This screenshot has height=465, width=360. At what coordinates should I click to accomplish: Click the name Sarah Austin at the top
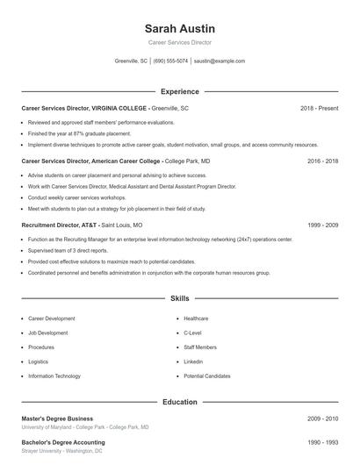(x=179, y=28)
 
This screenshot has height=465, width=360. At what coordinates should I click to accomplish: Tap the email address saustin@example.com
(x=220, y=61)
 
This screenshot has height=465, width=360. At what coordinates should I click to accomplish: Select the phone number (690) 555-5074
(x=170, y=61)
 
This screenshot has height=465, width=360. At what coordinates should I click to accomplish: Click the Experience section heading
(x=179, y=91)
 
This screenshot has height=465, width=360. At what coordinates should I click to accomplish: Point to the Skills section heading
(x=179, y=299)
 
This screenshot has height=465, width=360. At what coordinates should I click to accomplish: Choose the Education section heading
(x=179, y=402)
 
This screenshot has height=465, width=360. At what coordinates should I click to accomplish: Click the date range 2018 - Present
(x=319, y=108)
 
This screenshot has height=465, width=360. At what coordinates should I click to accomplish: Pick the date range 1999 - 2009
(x=322, y=225)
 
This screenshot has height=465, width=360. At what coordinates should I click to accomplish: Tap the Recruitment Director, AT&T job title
(x=61, y=225)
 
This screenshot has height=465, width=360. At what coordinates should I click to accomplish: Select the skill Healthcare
(x=196, y=318)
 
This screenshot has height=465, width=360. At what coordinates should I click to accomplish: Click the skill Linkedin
(x=193, y=361)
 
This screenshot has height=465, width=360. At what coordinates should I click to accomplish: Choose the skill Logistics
(x=38, y=361)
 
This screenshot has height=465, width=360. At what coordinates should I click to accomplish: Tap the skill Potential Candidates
(x=207, y=376)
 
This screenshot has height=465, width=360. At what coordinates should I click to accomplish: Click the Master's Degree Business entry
(x=57, y=418)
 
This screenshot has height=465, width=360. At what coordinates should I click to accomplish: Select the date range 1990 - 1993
(x=322, y=442)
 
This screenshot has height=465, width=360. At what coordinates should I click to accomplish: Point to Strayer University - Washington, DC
(x=61, y=451)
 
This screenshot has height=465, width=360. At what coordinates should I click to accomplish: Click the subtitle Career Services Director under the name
(x=179, y=42)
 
